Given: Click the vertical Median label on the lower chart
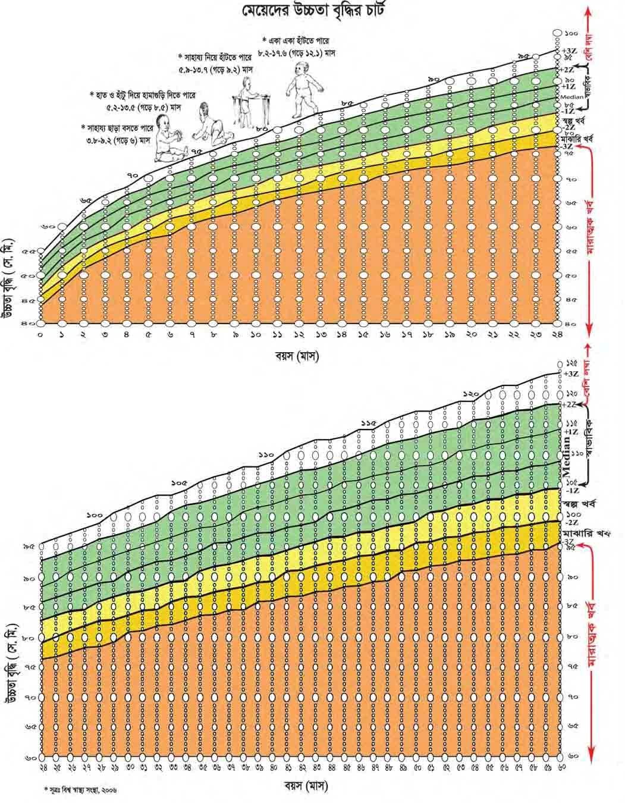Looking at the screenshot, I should [567, 454].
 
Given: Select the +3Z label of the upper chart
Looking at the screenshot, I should [567, 51].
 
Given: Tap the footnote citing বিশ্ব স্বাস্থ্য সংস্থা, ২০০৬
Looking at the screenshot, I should [80, 791].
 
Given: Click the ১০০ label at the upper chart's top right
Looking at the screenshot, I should [571, 33].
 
